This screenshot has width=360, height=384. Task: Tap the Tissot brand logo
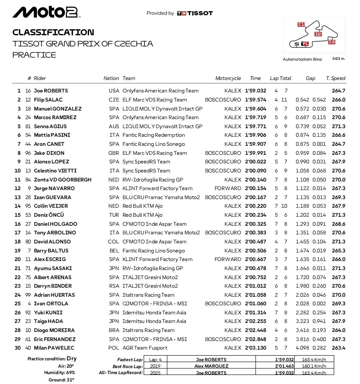[x=195, y=13]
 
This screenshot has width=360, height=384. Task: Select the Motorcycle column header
[x=228, y=78]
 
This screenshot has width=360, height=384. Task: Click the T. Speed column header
[x=335, y=78]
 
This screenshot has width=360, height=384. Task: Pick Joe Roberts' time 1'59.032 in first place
[x=255, y=91]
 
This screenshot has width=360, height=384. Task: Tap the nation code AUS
[x=114, y=126]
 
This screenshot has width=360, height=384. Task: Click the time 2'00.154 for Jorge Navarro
[x=255, y=188]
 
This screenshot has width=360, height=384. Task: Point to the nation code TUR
[x=114, y=215]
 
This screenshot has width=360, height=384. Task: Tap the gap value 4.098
[x=302, y=348]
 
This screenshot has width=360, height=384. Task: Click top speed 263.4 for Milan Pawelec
[x=338, y=348]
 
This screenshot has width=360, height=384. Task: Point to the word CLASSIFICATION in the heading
[x=53, y=32]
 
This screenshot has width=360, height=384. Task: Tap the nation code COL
[x=114, y=242]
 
